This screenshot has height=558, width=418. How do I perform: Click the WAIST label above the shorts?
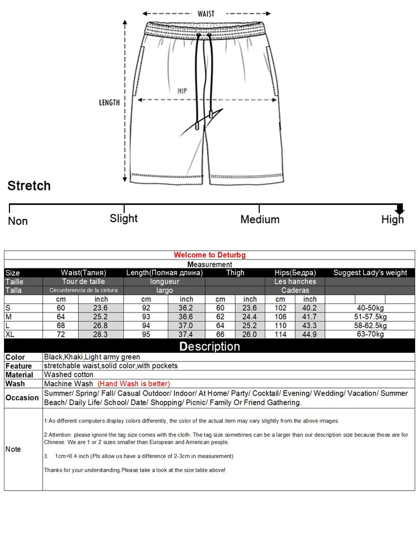coord(206,14)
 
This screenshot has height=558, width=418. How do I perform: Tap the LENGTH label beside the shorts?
coord(109,103)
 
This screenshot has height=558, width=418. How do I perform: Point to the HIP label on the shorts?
coord(182,91)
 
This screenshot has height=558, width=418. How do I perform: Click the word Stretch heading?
coord(29,186)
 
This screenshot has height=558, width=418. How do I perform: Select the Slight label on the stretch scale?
coord(124,218)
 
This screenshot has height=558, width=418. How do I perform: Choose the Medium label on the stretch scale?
coord(260,219)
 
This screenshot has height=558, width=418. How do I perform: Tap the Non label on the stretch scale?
coord(18,221)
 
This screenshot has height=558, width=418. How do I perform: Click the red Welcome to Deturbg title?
coord(210,255)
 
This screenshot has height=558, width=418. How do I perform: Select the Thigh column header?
coord(235,273)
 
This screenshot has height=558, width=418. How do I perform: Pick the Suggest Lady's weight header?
coord(370,273)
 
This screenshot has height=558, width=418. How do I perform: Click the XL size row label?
coord(10,334)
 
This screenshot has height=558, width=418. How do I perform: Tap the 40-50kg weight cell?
coord(370,308)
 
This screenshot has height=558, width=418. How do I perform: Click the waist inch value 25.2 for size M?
coord(101,317)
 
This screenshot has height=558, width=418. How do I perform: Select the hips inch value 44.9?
coord(310,334)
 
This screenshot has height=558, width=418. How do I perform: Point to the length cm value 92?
coord(146,308)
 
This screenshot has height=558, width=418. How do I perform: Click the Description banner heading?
coord(210,347)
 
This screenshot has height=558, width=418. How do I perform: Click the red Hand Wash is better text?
coord(134,383)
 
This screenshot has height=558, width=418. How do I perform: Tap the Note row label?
coord(13,449)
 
